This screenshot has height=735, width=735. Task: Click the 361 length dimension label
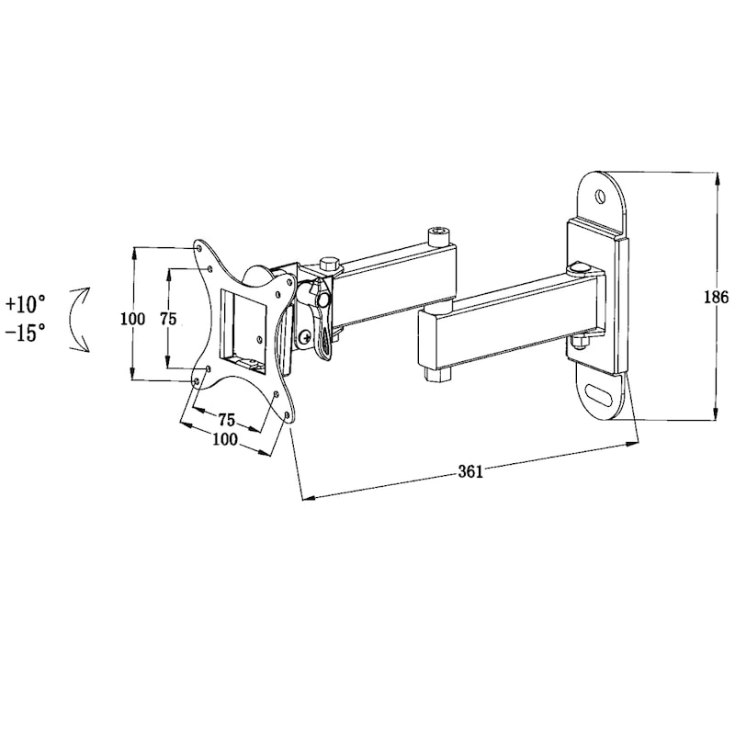coord(470,470)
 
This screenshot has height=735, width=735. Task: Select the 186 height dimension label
coord(717,297)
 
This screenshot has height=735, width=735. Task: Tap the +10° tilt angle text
coord(26,304)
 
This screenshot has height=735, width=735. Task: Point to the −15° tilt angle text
coord(26,333)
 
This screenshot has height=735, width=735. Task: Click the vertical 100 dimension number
coord(133,319)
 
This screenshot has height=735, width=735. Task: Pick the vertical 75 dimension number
coord(168,319)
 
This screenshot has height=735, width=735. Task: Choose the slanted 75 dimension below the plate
coord(226,419)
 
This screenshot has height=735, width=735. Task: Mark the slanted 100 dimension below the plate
coord(225,439)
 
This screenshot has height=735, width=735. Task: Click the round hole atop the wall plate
coord(600,195)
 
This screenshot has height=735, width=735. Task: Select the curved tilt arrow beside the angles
coord(79,319)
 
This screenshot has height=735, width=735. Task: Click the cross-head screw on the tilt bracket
coord(306,336)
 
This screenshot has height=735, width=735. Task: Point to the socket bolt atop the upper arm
coord(439,236)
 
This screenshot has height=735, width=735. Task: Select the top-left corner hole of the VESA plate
coord(198,246)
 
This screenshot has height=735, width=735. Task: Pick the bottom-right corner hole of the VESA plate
coord(287,415)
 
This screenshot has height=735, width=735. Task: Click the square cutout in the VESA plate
coord(243,332)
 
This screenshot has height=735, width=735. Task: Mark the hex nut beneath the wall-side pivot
coord(581,343)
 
